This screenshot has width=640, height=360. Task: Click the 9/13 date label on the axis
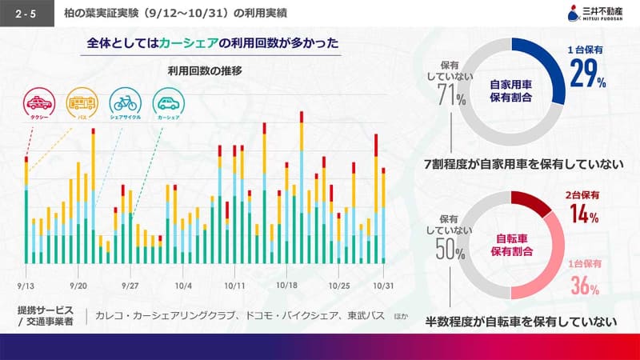pyautogui.click(x=26, y=286)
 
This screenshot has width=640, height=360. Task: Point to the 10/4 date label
pyautogui.click(x=183, y=286)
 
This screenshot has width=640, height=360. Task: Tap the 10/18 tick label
pyautogui.click(x=286, y=286)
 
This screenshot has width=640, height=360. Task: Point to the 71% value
pyautogui.click(x=453, y=95)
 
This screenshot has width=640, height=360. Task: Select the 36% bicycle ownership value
pyautogui.click(x=585, y=283)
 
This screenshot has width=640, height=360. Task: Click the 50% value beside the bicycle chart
pyautogui.click(x=452, y=250)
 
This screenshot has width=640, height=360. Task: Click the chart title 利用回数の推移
pyautogui.click(x=205, y=70)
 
